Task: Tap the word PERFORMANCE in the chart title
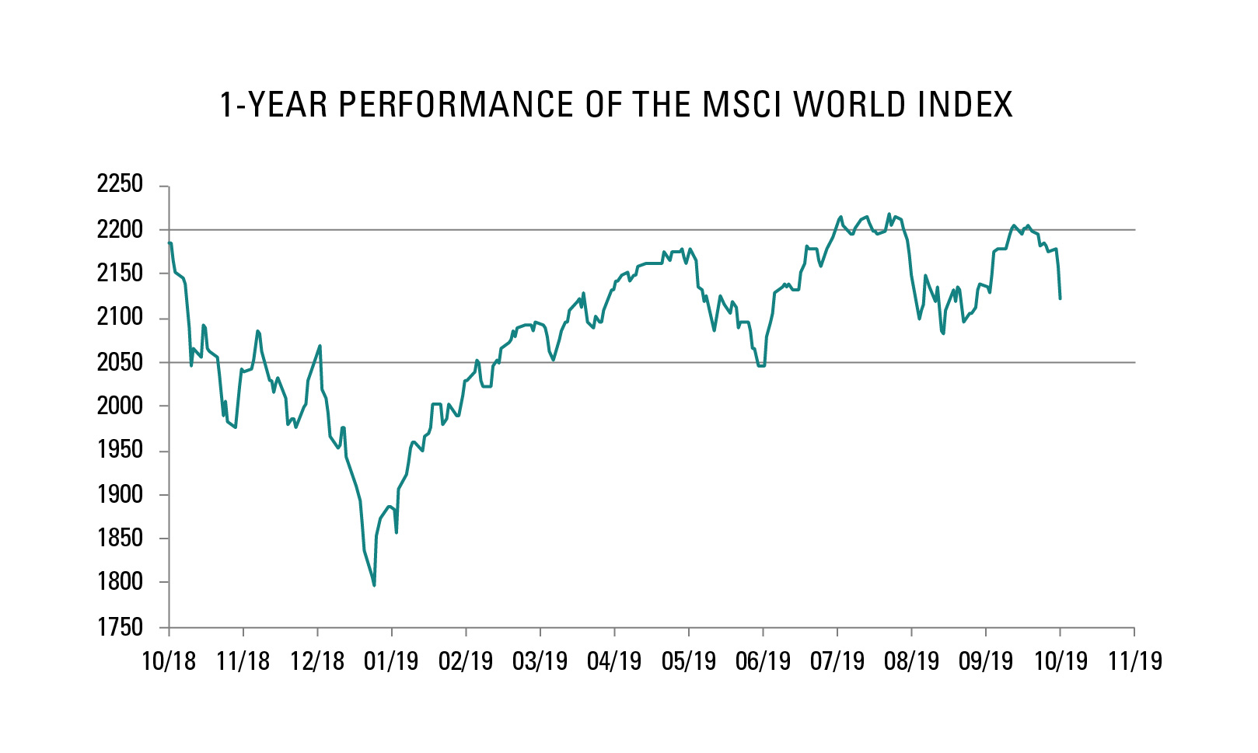457,105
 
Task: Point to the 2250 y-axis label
120,184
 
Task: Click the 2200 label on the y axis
120,229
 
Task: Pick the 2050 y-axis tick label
120,362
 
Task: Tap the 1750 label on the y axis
120,627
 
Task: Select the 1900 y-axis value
120,494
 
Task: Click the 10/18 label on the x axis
169,661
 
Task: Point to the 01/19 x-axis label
391,661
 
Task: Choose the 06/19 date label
763,661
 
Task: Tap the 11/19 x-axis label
1134,661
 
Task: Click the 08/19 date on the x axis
911,661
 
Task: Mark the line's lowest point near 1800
374,585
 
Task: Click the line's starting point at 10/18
169,243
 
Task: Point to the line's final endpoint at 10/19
1060,298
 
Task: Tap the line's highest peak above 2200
889,214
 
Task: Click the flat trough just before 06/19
761,365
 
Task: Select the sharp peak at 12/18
320,346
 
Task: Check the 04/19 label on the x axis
614,661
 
